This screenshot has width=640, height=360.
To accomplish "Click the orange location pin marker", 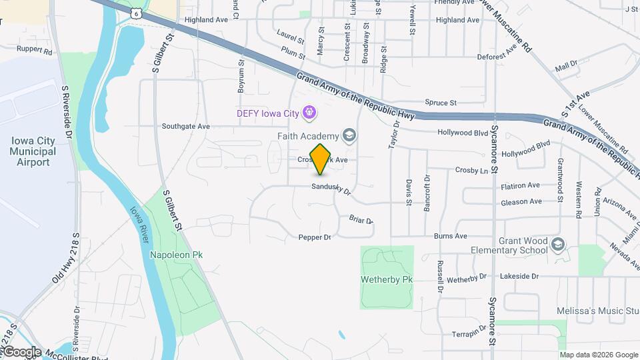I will [321, 159].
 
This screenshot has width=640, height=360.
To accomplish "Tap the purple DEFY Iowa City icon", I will [309, 113].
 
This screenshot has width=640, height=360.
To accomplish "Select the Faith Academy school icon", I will [349, 137].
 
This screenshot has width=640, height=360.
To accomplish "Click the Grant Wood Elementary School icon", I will [557, 245].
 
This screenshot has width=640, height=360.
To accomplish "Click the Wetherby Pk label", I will [387, 279].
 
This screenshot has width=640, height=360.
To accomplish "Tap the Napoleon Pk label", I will [176, 255].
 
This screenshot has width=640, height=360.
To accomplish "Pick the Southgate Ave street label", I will [186, 126].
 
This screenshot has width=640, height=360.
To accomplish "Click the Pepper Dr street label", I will [315, 237].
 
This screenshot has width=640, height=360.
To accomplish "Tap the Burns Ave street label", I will [450, 236].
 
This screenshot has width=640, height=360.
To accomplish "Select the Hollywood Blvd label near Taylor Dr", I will [463, 133].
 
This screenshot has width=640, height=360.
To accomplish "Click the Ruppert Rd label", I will [35, 50].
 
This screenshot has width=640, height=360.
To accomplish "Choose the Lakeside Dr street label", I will [519, 275].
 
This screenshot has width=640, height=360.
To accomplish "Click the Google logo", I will [22, 352].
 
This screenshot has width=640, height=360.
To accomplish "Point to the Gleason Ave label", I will [520, 202].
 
